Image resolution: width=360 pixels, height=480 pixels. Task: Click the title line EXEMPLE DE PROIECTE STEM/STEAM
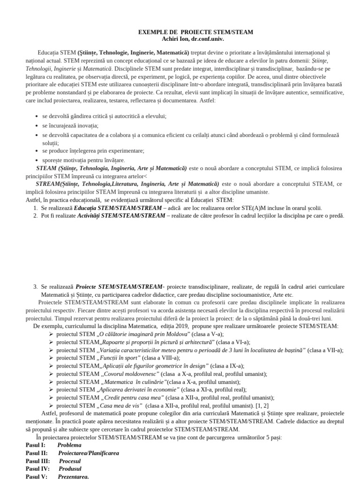195,32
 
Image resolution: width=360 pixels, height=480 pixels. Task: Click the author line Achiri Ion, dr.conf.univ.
195,39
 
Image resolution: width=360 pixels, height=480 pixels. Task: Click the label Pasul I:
36,445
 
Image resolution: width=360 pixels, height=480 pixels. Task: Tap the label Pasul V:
36,477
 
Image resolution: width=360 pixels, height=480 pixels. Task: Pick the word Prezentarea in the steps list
73,477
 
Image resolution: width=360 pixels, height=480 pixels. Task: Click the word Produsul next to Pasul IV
70,469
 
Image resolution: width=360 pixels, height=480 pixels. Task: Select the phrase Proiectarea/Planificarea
89,453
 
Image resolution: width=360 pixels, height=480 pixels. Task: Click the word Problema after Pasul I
69,445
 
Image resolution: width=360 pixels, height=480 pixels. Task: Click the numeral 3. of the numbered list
36,286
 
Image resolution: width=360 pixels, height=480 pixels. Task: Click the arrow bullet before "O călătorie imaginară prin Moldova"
51,334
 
